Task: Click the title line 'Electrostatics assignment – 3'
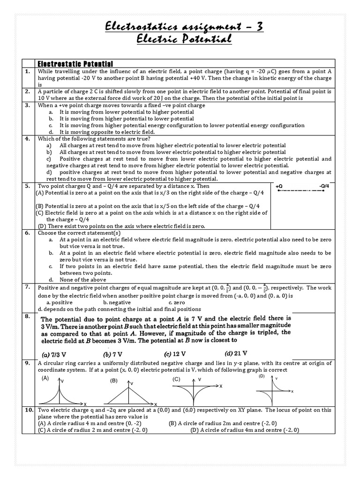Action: [x=184, y=28]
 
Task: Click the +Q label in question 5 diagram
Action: [x=280, y=186]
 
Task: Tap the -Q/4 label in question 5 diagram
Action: [x=324, y=186]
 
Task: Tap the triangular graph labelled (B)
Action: [x=132, y=392]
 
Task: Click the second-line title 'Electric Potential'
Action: [x=184, y=40]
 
